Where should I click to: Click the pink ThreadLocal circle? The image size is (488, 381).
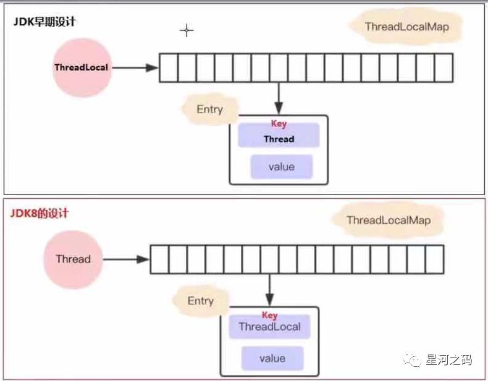[82, 67]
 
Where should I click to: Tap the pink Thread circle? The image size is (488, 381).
[73, 259]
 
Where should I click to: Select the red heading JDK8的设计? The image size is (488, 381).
[39, 214]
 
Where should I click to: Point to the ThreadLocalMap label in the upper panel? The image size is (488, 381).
[406, 27]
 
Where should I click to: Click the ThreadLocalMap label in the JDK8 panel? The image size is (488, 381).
[388, 220]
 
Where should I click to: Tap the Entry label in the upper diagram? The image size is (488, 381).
[209, 109]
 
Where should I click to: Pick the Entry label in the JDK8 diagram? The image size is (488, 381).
[200, 301]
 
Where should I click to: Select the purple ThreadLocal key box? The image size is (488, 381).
[270, 327]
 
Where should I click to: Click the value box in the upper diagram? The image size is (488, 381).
[281, 167]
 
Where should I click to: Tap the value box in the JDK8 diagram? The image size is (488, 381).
[272, 358]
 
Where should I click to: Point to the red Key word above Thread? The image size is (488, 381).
[279, 124]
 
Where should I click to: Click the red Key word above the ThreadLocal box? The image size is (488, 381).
[270, 315]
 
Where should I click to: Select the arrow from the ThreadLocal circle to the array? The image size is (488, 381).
[135, 67]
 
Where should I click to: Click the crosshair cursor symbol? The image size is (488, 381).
[186, 30]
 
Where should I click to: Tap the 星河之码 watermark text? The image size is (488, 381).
[448, 359]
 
